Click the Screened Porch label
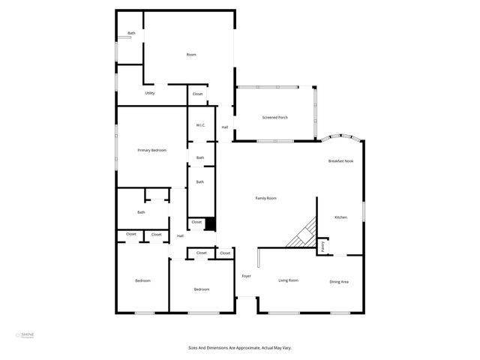click(274, 118)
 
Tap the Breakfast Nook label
click(340, 161)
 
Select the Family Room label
click(266, 198)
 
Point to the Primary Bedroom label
click(151, 151)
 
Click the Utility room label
click(150, 93)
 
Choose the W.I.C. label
click(200, 125)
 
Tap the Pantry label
click(323, 246)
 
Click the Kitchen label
click(340, 217)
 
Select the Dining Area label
click(339, 281)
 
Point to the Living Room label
click(289, 280)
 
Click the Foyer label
click(246, 277)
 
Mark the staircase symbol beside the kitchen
click(303, 233)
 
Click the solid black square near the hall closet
click(211, 223)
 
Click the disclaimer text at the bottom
click(239, 348)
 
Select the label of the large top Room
click(191, 55)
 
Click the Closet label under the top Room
click(197, 94)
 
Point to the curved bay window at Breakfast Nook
click(343, 139)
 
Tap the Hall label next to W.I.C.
click(224, 127)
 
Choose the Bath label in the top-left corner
click(131, 33)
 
